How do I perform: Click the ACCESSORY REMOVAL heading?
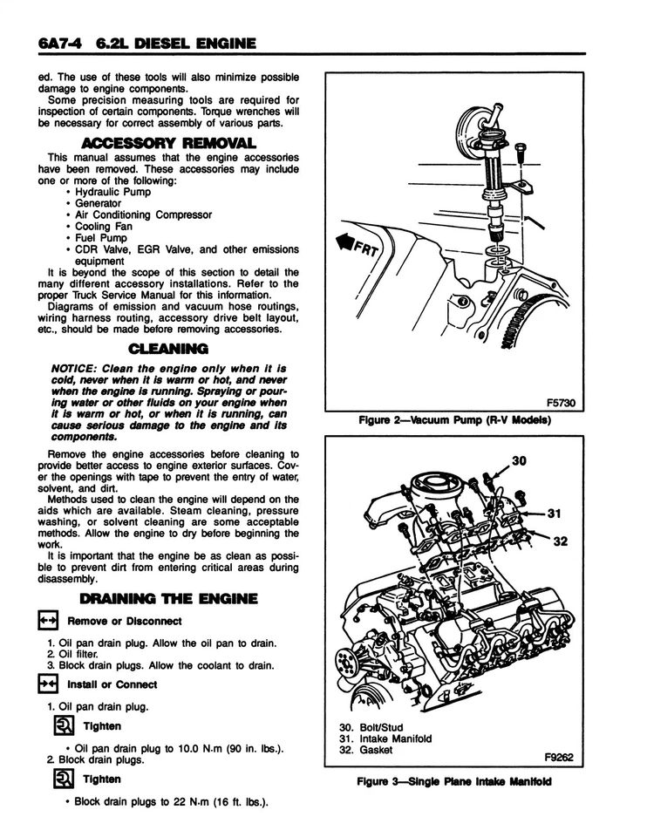tap(168, 142)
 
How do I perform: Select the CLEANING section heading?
tap(168, 349)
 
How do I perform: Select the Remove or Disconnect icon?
tap(46, 621)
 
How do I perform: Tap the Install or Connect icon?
tap(46, 684)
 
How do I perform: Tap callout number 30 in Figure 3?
tap(520, 461)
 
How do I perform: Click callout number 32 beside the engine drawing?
tap(560, 541)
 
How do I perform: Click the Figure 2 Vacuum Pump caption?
tap(457, 421)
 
